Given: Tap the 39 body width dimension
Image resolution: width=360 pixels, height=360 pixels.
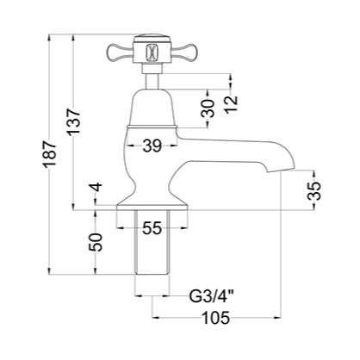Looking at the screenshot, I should tap(153, 147).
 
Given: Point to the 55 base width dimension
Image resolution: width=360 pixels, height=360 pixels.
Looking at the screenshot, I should tap(153, 228).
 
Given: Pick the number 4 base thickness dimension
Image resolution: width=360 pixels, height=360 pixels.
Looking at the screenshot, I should tap(96, 188).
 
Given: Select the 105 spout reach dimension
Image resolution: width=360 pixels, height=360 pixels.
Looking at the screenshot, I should tap(215, 318).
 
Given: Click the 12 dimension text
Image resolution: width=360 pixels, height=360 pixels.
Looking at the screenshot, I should tap(229, 104).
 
